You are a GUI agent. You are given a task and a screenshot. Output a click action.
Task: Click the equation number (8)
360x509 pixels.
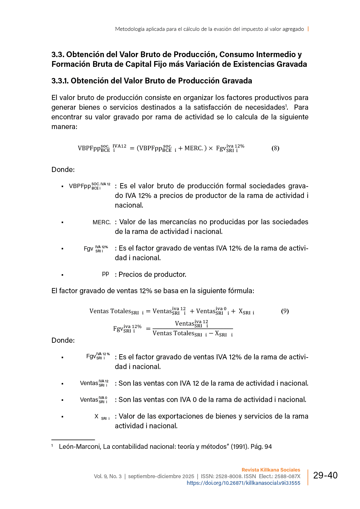(275, 148)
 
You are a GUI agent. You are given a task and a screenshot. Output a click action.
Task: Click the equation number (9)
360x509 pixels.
(285, 311)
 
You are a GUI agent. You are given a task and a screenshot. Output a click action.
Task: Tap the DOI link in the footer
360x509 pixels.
(243, 483)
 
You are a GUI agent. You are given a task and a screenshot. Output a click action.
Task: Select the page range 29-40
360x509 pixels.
(325, 475)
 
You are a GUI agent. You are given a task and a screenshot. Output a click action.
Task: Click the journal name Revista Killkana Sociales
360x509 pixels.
(271, 470)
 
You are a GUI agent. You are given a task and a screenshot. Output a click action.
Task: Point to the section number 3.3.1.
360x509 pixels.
(60, 81)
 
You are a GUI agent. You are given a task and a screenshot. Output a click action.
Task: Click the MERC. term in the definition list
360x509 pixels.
(102, 222)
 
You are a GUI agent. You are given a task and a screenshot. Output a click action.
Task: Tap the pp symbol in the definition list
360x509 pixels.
(105, 274)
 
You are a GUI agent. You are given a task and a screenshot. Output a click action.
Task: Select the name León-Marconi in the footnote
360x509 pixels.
(79, 446)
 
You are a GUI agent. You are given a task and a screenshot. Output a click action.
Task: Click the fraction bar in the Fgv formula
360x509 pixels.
(193, 329)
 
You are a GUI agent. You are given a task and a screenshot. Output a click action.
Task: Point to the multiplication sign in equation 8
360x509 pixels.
(211, 148)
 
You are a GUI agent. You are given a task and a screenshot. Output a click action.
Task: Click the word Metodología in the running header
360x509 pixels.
(129, 29)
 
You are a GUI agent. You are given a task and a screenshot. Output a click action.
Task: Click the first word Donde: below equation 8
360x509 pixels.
(63, 170)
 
